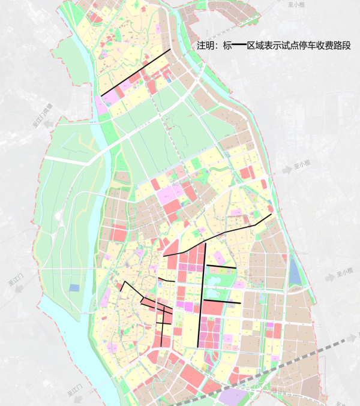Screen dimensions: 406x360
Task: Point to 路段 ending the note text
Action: click(343, 46)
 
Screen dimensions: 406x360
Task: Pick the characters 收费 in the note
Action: click(325, 46)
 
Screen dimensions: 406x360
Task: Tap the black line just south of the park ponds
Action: click(222, 301)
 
